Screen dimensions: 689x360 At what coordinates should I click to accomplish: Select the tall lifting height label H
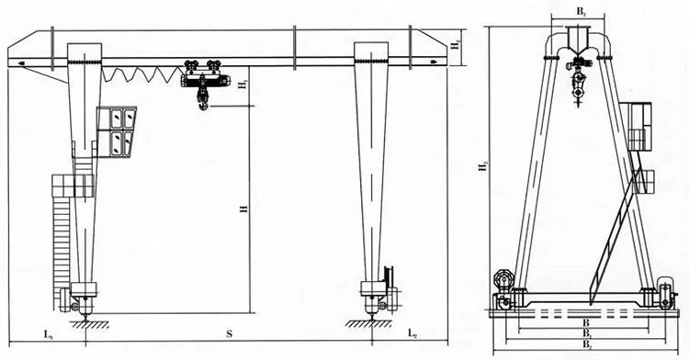tap(243, 209)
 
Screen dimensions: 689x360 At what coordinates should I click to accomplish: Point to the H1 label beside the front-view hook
tap(243, 85)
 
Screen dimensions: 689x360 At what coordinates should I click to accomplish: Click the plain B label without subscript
tap(584, 323)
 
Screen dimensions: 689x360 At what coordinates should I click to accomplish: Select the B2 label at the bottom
tap(584, 343)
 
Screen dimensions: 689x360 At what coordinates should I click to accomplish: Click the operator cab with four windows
tap(119, 130)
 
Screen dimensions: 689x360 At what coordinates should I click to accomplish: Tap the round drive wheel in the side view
tap(502, 279)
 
